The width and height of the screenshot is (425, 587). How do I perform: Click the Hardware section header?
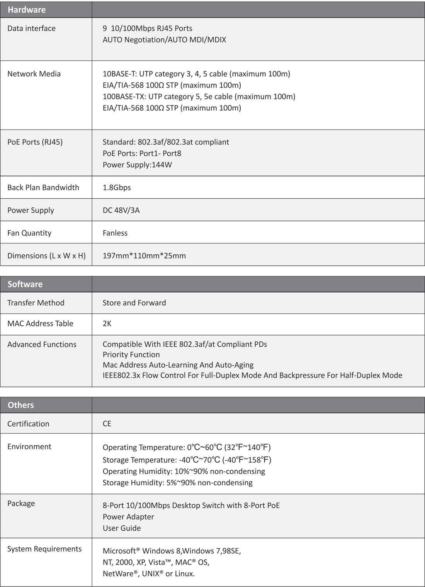click(27, 10)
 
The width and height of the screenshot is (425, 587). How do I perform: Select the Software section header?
click(25, 284)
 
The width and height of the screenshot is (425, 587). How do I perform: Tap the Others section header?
click(21, 405)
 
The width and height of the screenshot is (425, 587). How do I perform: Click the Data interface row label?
click(31, 28)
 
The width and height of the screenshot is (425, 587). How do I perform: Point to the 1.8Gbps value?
click(117, 187)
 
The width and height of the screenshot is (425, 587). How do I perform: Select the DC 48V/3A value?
click(121, 210)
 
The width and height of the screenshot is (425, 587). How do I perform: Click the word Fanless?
click(115, 233)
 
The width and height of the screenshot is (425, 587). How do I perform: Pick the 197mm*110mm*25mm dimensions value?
click(144, 256)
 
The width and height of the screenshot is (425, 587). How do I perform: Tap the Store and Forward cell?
click(134, 303)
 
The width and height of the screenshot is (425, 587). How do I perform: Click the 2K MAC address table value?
click(107, 323)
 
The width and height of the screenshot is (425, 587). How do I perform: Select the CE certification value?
click(107, 424)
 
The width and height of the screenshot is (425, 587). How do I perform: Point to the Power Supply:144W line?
click(137, 165)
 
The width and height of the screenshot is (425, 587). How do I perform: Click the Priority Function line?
click(131, 355)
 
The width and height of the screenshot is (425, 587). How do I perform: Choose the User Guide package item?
click(122, 528)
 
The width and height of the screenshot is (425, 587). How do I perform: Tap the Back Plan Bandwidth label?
click(43, 187)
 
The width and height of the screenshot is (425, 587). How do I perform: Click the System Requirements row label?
click(44, 549)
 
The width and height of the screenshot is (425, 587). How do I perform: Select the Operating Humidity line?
click(184, 471)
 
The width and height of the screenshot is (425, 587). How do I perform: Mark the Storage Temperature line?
click(187, 460)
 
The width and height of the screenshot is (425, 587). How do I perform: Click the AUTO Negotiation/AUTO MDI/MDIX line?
click(164, 40)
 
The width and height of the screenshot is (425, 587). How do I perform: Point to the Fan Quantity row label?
click(29, 233)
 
